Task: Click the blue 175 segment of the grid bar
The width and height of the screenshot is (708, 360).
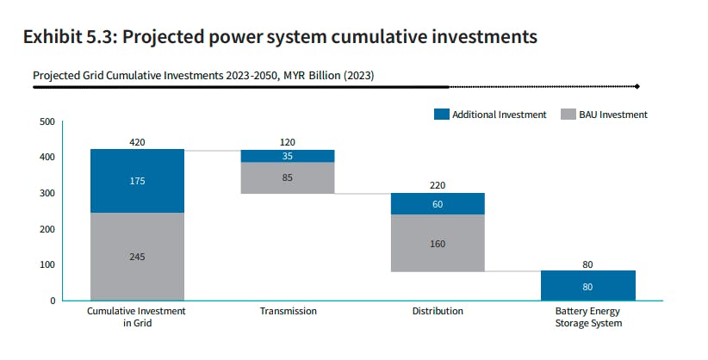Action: click(137, 181)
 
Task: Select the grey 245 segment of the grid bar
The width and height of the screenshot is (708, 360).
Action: click(137, 256)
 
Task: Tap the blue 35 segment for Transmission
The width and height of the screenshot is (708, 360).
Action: click(288, 156)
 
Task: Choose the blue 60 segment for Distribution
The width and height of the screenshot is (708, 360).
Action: click(438, 203)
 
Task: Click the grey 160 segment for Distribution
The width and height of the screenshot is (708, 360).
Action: click(438, 243)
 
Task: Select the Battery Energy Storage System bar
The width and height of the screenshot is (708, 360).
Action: click(587, 285)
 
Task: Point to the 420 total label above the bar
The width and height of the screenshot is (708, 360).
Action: click(137, 141)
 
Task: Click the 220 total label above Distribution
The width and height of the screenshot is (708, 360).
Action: click(438, 184)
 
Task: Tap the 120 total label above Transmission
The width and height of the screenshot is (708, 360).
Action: click(288, 141)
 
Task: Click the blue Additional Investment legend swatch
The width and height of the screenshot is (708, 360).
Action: click(442, 115)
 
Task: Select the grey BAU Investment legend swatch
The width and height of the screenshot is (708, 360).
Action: click(567, 115)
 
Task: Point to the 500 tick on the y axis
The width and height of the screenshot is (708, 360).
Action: click(47, 121)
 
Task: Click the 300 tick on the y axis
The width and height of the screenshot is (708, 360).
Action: click(47, 193)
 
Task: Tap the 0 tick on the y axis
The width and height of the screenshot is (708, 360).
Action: click(53, 301)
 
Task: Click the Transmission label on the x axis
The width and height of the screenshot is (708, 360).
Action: click(288, 311)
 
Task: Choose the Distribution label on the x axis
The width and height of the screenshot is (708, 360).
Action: click(438, 311)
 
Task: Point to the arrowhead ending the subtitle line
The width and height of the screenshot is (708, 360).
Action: click(637, 86)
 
